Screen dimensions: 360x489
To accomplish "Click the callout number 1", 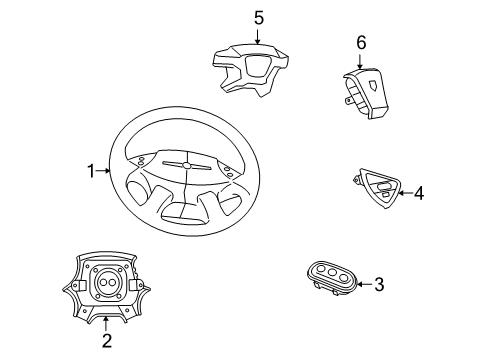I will pos(91,171).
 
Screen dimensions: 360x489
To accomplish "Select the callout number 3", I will pos(379,284).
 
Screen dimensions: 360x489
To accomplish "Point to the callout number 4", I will pos(419,193).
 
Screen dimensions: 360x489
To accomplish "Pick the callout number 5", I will pos(258,17).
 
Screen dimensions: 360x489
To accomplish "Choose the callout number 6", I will pos(362,42).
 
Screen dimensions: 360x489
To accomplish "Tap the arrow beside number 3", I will pos(362,284).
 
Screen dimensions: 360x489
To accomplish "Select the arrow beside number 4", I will pos(403,193).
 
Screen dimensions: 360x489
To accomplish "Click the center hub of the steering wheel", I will pos(186,164).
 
